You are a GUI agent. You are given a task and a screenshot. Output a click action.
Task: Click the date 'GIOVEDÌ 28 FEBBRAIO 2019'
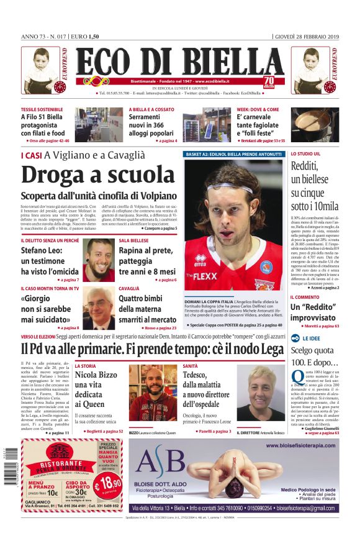307,37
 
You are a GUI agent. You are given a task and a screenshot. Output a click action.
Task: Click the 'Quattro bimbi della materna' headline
148,308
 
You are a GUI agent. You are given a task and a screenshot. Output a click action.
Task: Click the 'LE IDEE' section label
312,339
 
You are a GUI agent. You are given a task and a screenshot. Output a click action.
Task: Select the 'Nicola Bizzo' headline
96,375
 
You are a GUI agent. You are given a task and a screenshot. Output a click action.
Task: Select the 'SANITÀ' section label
190,366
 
